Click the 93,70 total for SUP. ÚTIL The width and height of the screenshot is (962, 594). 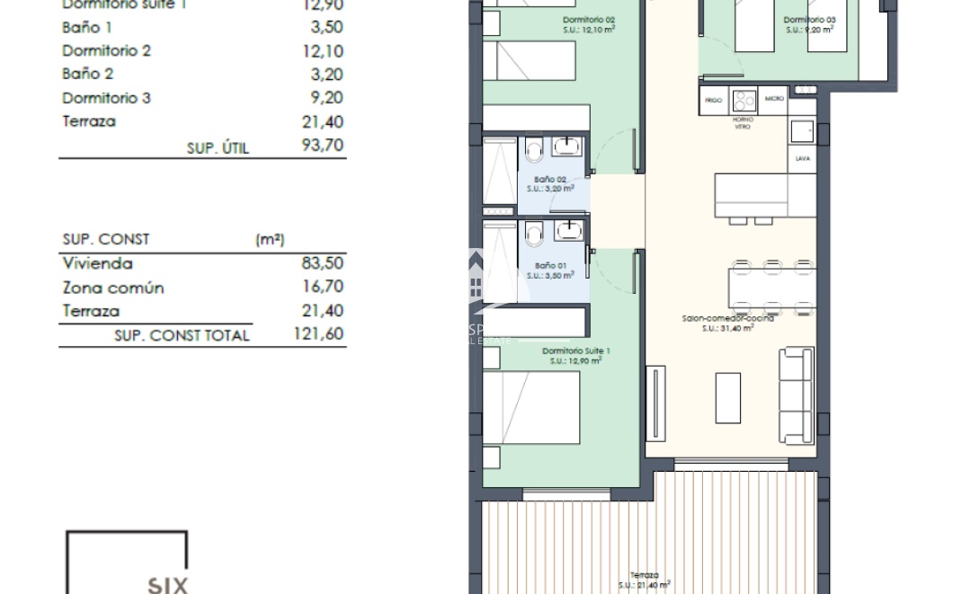323,146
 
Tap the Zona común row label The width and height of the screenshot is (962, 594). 113,288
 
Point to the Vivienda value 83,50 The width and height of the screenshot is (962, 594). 323,264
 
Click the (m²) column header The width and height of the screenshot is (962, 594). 270,240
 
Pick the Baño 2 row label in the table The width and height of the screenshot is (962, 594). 87,75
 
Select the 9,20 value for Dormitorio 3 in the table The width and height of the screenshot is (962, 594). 327,98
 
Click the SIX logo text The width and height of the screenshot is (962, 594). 167,585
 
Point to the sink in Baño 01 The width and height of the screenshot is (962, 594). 568,231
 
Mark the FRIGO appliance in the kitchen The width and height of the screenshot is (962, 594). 714,100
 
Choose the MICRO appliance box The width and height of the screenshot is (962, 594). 773,99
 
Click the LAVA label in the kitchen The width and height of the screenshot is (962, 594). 802,158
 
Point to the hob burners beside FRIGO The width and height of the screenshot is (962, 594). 744,100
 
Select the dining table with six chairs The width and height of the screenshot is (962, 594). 773,287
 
